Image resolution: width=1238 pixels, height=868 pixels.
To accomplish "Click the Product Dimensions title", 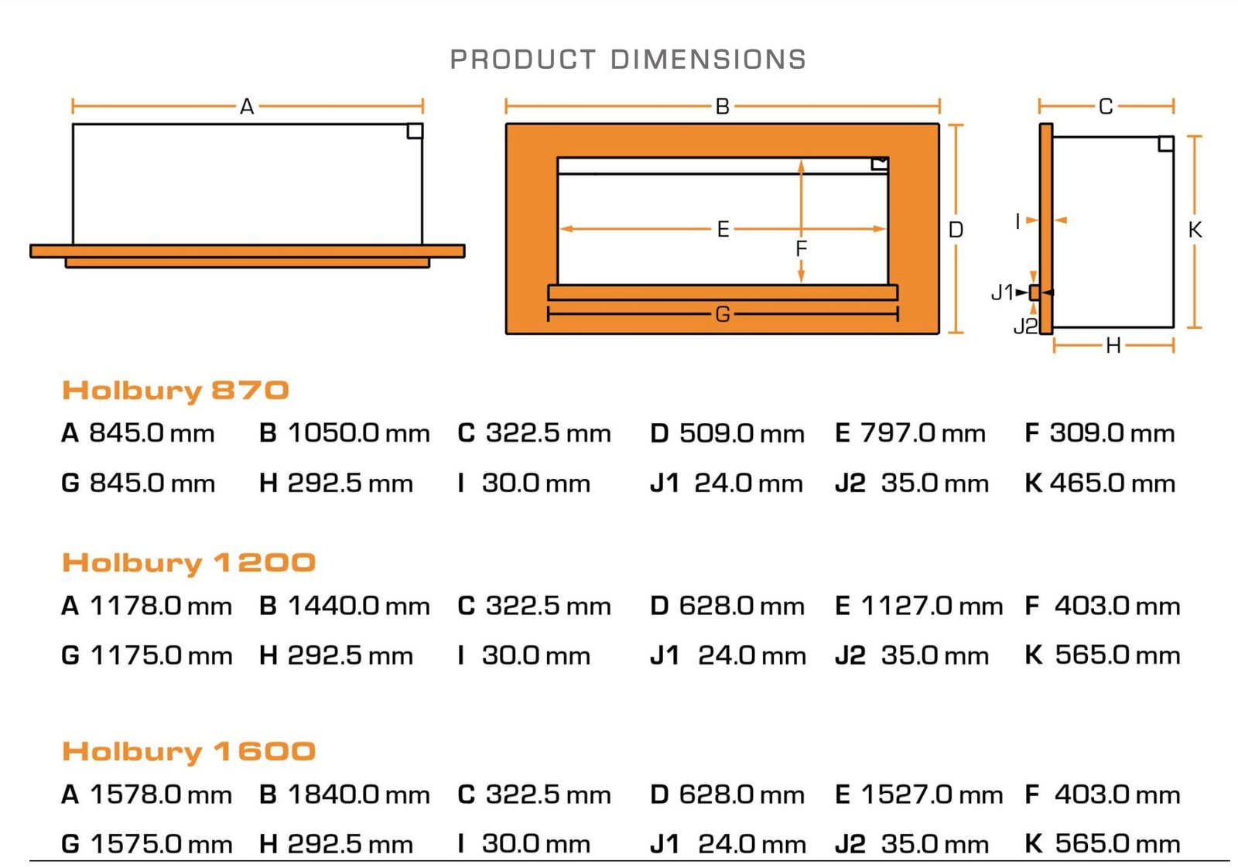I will point(628,60).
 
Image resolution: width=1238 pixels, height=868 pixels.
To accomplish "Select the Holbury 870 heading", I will point(176,391).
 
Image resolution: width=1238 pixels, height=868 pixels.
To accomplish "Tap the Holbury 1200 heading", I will point(189,563).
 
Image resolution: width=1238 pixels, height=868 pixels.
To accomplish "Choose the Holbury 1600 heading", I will point(189,751).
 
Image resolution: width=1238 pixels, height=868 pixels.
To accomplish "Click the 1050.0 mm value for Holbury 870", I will point(358,433).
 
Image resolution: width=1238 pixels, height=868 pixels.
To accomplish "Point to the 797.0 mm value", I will point(922,433).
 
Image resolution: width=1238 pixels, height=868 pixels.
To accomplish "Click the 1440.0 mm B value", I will point(358,606).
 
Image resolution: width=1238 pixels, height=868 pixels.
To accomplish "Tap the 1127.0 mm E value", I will point(932,606).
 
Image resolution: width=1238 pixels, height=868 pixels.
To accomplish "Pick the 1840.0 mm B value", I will point(358,795).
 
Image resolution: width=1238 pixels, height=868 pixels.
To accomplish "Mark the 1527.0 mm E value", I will point(932,795).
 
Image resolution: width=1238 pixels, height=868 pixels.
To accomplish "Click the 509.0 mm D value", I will point(741,433).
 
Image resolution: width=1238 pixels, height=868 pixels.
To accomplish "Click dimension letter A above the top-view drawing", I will point(247,107).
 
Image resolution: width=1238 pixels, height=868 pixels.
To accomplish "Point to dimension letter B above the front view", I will point(722,107).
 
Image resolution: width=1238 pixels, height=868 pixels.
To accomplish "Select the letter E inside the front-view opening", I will point(723,229).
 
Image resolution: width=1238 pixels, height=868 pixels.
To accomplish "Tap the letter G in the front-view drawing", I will point(723,314).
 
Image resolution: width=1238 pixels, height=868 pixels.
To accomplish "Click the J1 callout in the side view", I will point(1002,292).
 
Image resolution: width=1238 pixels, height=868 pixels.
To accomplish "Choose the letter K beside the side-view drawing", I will point(1195,230).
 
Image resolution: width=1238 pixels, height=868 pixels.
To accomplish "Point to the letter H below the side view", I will point(1113,346).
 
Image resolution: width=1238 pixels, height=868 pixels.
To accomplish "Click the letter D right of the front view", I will point(956,230).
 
